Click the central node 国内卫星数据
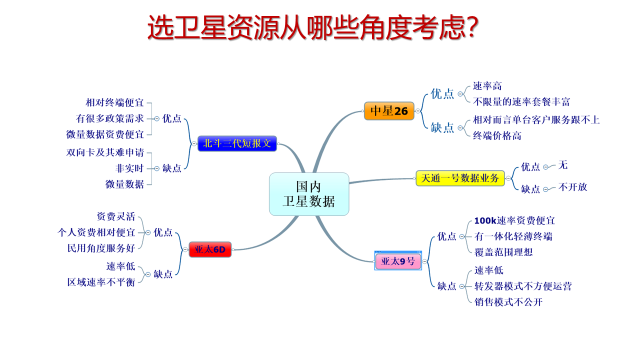309,194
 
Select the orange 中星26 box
389,111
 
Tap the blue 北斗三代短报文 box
237,143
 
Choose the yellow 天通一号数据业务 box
460,178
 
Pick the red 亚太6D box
210,249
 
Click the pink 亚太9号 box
398,261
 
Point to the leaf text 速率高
487,86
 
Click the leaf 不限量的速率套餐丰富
521,101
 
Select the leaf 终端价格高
497,135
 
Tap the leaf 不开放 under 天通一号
572,187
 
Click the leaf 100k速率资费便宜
514,220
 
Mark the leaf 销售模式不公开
508,302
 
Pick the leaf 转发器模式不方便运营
523,286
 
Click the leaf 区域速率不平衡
101,282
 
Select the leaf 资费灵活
115,216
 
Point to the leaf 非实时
129,168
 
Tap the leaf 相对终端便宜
114,102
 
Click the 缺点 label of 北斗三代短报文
171,168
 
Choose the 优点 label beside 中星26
442,93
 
